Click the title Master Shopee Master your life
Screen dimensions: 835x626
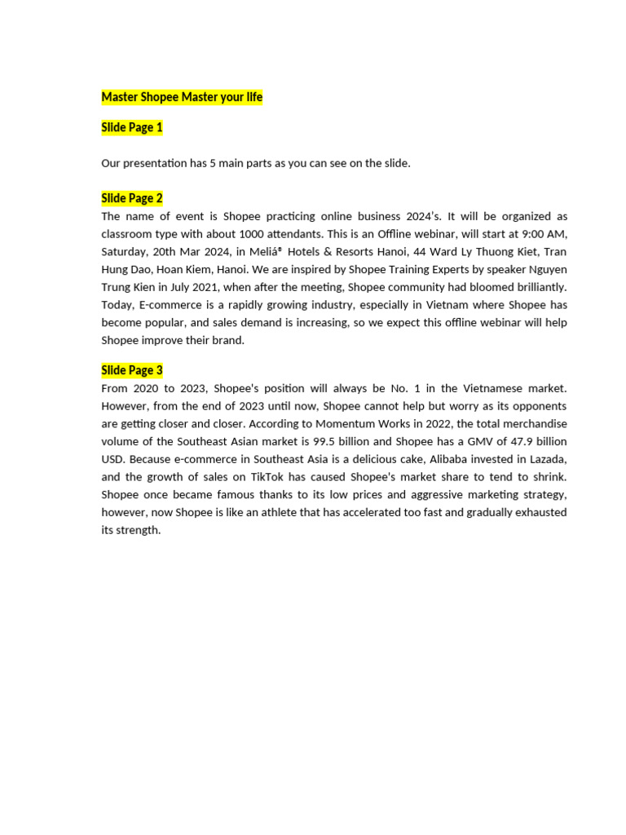point(182,98)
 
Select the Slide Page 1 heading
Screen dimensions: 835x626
point(132,128)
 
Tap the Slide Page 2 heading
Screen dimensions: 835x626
point(132,198)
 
